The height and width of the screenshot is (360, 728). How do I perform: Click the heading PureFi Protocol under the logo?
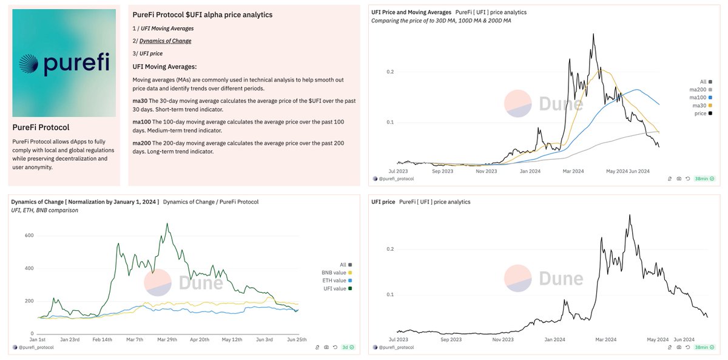pos(41,127)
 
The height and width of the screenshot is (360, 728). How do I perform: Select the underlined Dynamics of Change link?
pos(165,41)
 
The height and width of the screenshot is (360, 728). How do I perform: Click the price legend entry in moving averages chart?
pos(701,114)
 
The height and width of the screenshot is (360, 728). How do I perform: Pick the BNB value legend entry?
pos(335,273)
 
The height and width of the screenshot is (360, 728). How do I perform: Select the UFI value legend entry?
pos(335,288)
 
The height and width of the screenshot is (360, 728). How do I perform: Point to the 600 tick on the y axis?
pos(29,236)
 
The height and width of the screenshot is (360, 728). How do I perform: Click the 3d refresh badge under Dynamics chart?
pos(347,347)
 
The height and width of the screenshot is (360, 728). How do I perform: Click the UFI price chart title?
pos(383,202)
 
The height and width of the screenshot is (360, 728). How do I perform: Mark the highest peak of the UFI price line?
pos(630,215)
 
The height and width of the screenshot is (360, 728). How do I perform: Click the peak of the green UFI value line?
pos(167,223)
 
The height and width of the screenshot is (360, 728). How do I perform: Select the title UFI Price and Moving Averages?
pos(411,12)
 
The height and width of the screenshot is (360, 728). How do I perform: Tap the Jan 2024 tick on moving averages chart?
pos(531,171)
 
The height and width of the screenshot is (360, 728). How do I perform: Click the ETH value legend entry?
pos(335,280)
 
